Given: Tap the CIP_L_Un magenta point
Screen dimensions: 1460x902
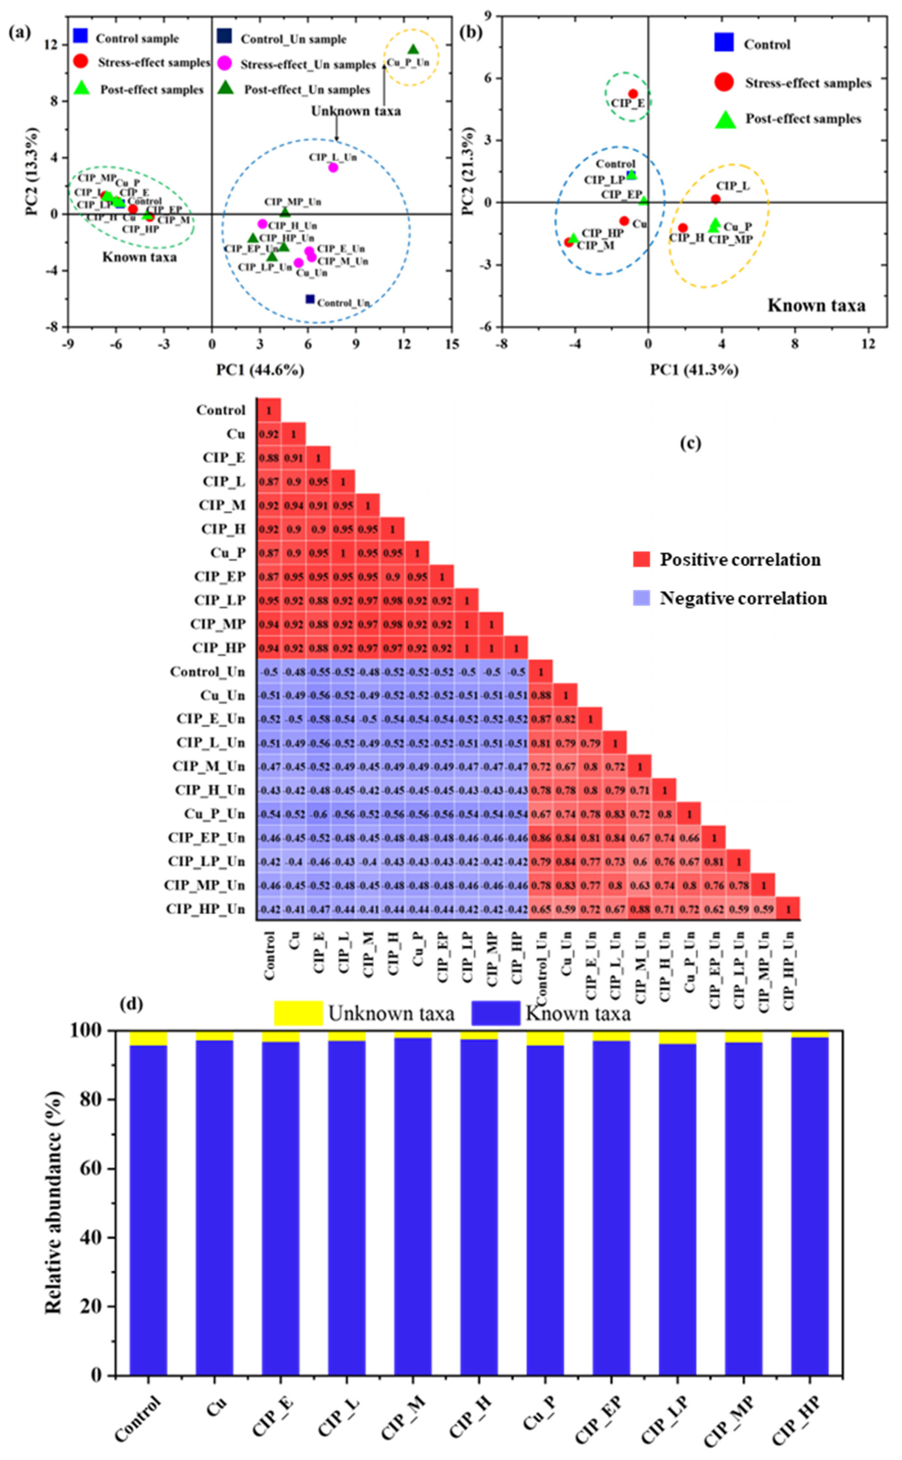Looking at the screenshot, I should [333, 168].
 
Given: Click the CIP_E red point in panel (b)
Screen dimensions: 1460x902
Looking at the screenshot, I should [633, 94].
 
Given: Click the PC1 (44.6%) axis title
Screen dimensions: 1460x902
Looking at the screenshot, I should [260, 370].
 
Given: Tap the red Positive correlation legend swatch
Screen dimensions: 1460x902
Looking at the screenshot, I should [641, 559].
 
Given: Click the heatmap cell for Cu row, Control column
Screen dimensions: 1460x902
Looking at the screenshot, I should [269, 434].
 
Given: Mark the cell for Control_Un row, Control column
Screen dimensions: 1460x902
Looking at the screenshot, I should [269, 672].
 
